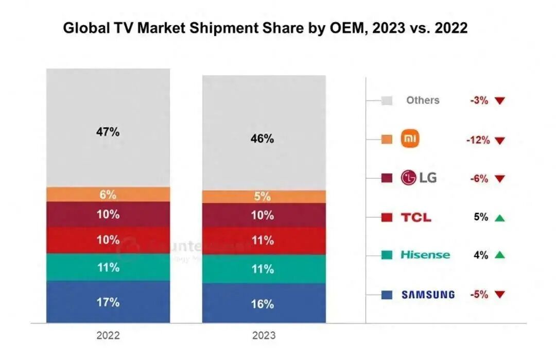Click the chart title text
pos(265,28)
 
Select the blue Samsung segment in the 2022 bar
pos(108,301)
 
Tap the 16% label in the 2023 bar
pos(263,304)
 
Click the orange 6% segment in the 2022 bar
pos(108,195)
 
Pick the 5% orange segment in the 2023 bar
pos(263,196)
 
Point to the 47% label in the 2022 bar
pos(108,132)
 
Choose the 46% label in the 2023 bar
pos(263,139)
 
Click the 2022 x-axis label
pos(108,336)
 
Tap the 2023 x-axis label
pos(263,336)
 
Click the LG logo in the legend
pos(419,178)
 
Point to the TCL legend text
pos(416,217)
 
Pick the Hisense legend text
pos(425,255)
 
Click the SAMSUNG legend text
pos(428,295)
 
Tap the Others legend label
pos(423,100)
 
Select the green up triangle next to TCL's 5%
pos(499,218)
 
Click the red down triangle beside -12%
pos(499,140)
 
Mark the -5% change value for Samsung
pos(479,295)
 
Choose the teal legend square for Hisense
pos(387,255)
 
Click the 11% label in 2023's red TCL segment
pos(263,239)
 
